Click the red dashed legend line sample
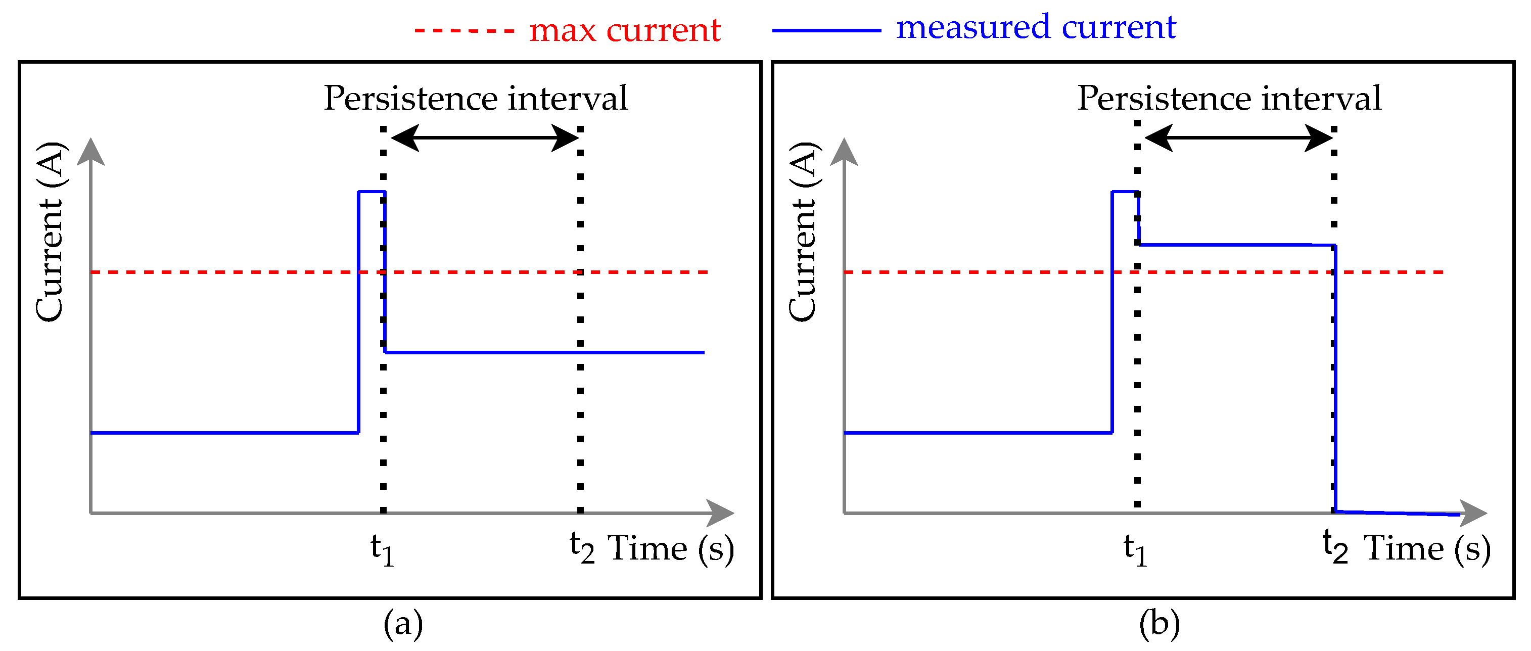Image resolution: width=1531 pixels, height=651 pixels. (463, 30)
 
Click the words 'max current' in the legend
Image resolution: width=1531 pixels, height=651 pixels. (625, 30)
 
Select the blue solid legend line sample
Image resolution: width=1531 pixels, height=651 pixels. (826, 30)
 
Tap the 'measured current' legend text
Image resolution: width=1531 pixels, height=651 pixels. (1036, 27)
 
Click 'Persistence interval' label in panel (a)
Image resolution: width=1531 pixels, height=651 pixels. (476, 98)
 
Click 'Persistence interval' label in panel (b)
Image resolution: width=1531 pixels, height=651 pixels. (1229, 98)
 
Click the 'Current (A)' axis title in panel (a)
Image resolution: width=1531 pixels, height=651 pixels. (50, 232)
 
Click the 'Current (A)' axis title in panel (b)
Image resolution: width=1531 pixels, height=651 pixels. (803, 232)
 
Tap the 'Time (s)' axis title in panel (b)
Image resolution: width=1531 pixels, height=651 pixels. (1427, 548)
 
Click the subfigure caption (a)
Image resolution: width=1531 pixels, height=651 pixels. (403, 624)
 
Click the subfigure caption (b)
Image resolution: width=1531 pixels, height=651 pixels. (1159, 624)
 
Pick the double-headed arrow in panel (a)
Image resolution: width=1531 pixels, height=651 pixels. (484, 138)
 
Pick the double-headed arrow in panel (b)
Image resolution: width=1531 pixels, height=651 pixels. (1238, 138)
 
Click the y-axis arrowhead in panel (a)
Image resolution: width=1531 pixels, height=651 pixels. (91, 152)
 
